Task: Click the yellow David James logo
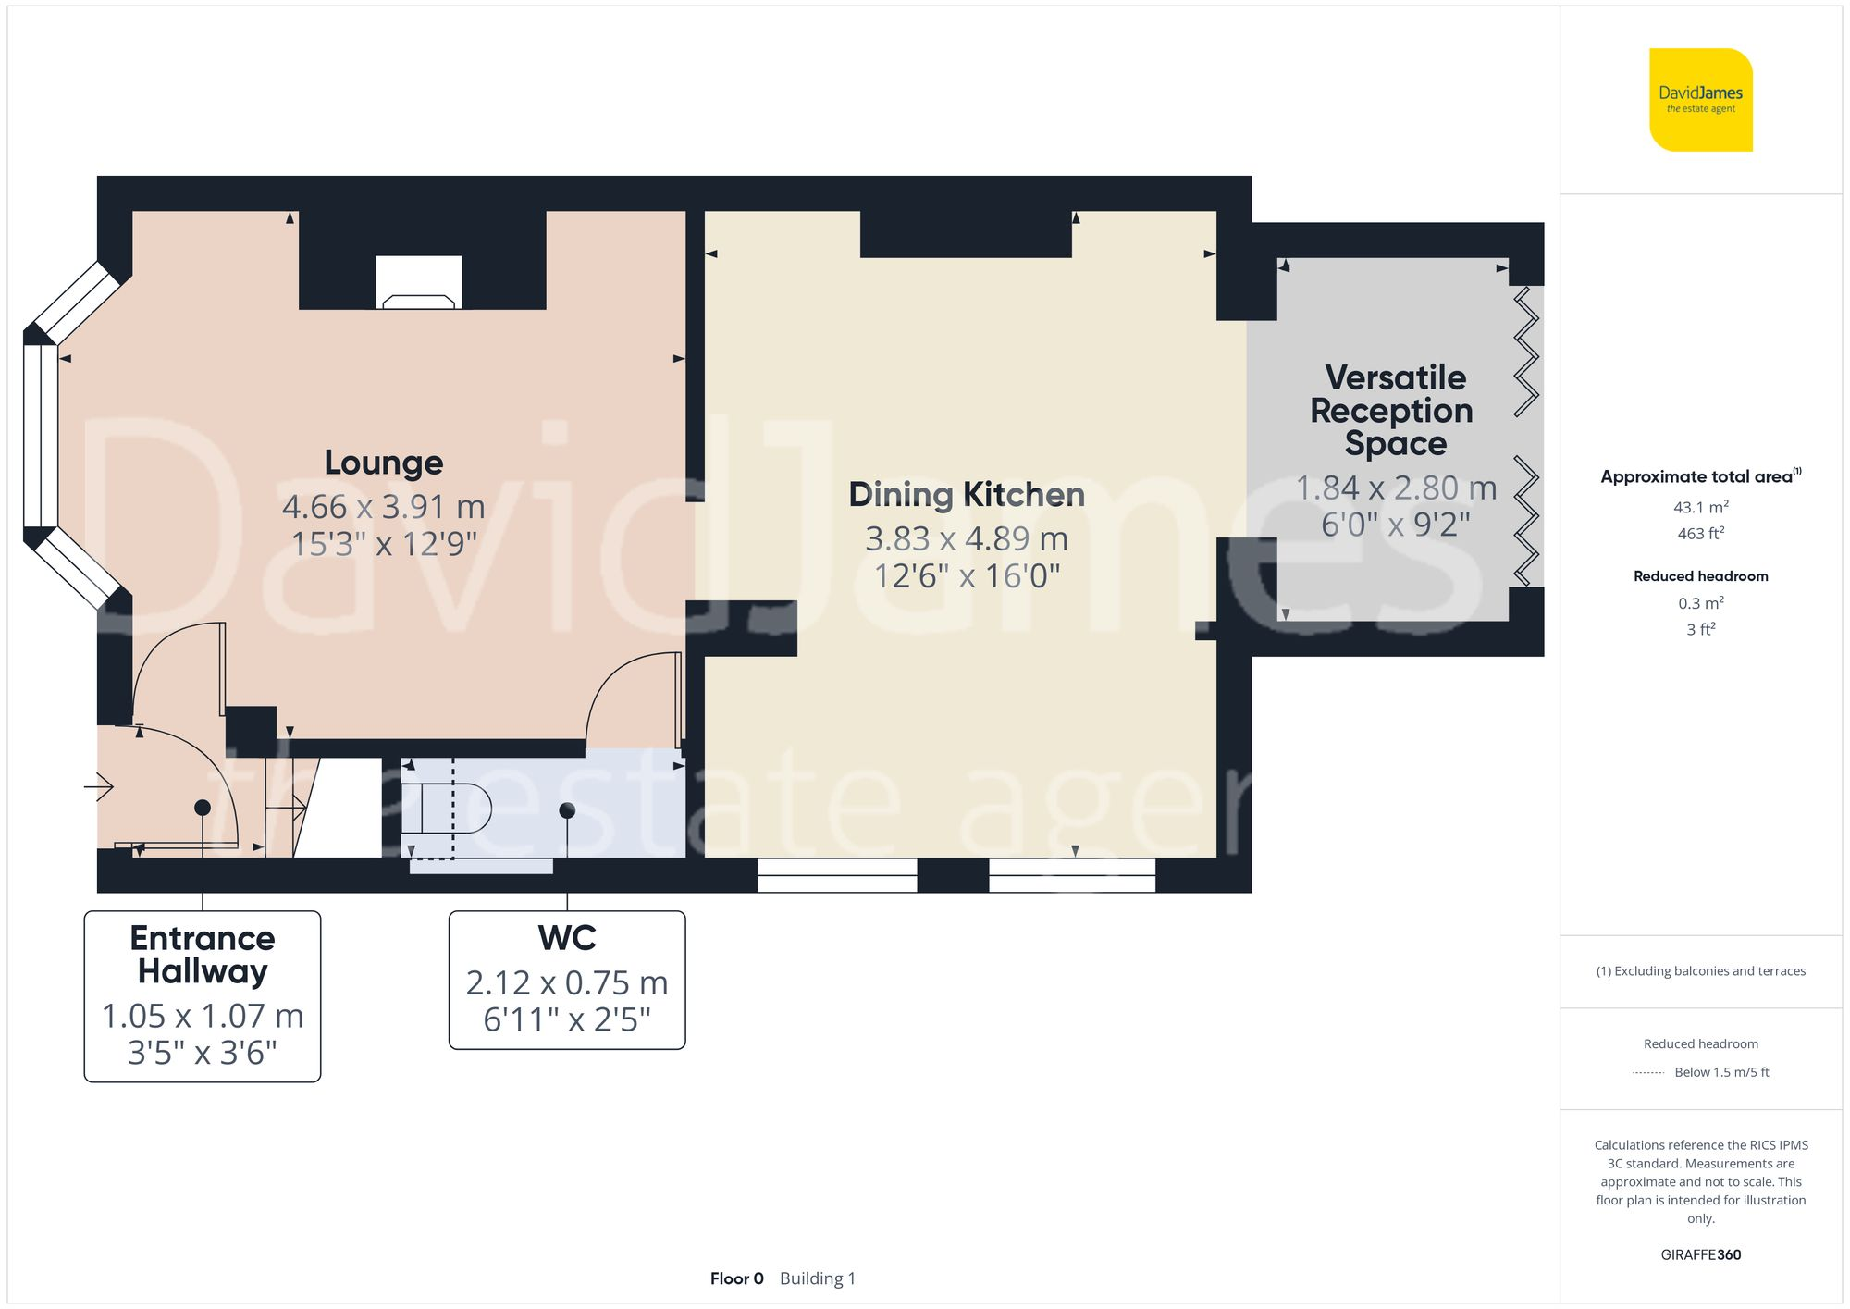click(x=1700, y=100)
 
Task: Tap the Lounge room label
click(x=383, y=463)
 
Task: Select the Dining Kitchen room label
click(x=966, y=495)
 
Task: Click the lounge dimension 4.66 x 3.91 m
click(x=383, y=507)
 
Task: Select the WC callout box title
click(x=566, y=938)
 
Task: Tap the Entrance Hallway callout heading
click(x=202, y=955)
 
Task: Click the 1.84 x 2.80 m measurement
click(x=1395, y=488)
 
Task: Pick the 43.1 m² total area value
click(x=1700, y=507)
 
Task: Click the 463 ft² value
click(x=1700, y=534)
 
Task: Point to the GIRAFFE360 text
click(x=1700, y=1254)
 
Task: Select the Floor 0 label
click(x=736, y=1278)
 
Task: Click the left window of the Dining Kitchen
click(x=836, y=875)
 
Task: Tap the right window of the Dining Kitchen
click(x=1071, y=875)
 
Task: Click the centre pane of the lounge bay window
click(x=41, y=435)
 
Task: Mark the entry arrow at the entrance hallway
click(x=99, y=787)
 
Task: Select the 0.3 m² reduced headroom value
click(x=1700, y=603)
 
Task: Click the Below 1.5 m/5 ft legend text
click(x=1720, y=1072)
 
